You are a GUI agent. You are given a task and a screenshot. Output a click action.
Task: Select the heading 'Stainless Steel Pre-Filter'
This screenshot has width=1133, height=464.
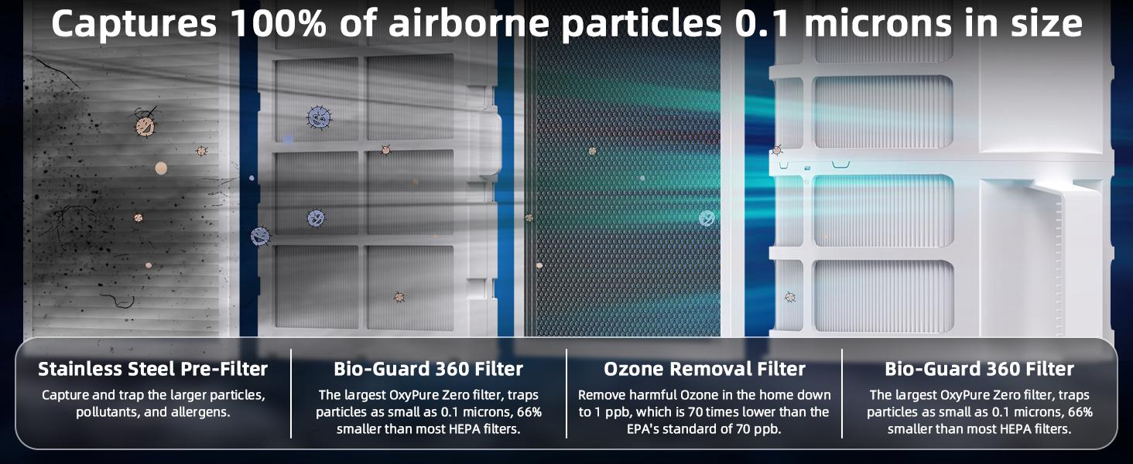pyautogui.click(x=152, y=369)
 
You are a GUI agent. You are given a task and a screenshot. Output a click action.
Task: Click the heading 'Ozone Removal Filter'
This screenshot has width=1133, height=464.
pyautogui.click(x=704, y=369)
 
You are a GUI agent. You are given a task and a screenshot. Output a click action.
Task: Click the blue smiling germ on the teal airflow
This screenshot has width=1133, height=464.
pyautogui.click(x=707, y=218)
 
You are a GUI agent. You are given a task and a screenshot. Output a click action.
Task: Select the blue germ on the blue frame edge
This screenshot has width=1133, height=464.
pyautogui.click(x=261, y=236)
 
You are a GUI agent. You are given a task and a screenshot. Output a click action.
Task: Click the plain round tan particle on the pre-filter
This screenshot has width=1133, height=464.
pyautogui.click(x=161, y=168)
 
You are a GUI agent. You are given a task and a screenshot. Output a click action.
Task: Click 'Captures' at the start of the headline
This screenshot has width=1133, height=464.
pyautogui.click(x=133, y=25)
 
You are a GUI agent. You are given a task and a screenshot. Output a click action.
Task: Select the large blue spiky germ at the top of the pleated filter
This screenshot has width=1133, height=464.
pyautogui.click(x=318, y=118)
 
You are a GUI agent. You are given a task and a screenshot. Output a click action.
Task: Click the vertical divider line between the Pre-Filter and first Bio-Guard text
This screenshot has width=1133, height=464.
pyautogui.click(x=291, y=393)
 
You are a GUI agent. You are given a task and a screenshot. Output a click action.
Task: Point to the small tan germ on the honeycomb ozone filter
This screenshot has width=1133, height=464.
pyautogui.click(x=592, y=151)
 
